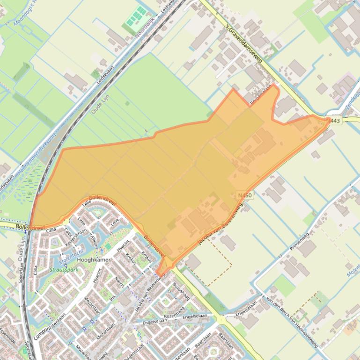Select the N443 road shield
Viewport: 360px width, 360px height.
pos(334,121)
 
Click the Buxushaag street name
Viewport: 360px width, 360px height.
pos(180,292)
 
